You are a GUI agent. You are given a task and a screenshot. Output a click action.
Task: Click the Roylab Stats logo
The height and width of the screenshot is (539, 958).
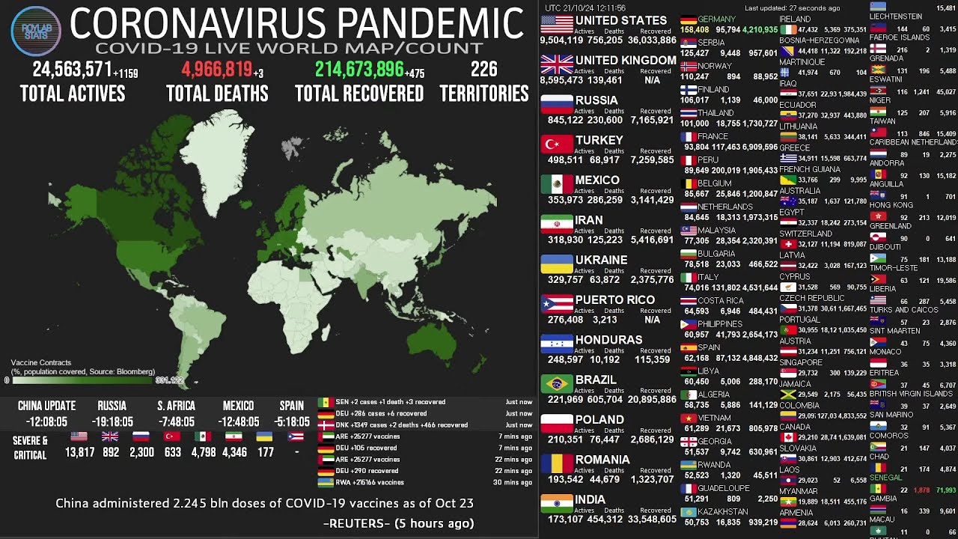click(36, 31)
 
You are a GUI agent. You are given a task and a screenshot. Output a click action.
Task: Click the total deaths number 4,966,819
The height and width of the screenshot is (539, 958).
click(217, 70)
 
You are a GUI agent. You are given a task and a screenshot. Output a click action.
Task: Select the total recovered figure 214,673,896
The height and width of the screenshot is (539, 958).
click(359, 70)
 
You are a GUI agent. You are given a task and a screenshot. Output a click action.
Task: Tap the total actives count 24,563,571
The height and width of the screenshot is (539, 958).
click(72, 70)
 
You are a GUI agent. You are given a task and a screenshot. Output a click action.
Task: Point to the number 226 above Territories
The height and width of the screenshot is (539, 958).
click(483, 70)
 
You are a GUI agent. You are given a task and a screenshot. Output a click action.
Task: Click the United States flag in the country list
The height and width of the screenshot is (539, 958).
click(556, 25)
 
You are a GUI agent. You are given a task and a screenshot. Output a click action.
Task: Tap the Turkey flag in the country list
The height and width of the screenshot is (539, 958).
click(556, 144)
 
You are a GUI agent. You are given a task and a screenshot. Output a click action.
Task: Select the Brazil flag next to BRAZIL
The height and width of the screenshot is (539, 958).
click(556, 384)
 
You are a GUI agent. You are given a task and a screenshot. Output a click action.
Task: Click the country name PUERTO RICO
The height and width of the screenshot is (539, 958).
click(614, 299)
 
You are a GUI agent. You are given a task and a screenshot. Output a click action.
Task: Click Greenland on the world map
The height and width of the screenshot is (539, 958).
click(217, 150)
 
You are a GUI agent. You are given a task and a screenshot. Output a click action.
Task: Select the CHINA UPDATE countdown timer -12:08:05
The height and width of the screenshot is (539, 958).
click(46, 422)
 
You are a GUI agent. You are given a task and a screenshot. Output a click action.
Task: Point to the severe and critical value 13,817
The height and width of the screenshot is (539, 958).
click(79, 452)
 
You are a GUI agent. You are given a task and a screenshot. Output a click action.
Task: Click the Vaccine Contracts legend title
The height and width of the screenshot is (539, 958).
click(41, 362)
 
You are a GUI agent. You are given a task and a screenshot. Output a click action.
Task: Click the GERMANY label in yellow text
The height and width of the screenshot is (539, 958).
click(716, 19)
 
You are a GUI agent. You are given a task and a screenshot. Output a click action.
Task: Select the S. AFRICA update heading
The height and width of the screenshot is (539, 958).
click(176, 406)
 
